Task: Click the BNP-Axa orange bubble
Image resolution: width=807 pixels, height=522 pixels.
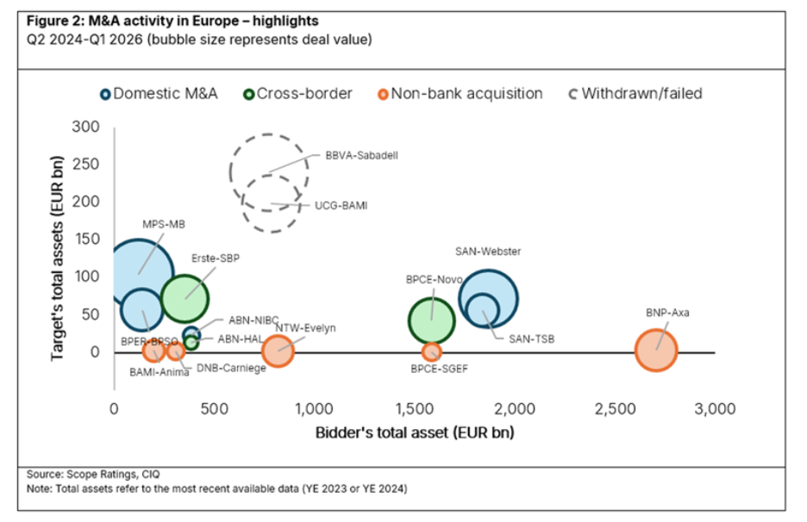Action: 656,350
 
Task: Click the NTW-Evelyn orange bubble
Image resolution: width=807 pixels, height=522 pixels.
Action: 278,351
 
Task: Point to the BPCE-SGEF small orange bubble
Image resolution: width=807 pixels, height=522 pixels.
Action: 432,351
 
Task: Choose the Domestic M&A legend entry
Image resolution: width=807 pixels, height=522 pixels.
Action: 154,93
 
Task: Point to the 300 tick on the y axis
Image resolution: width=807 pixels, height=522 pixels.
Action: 85,127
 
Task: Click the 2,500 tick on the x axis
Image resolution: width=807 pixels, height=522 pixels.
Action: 615,409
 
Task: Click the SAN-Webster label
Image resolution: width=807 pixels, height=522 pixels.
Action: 488,252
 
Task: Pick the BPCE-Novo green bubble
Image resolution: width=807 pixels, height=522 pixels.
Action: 431,320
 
